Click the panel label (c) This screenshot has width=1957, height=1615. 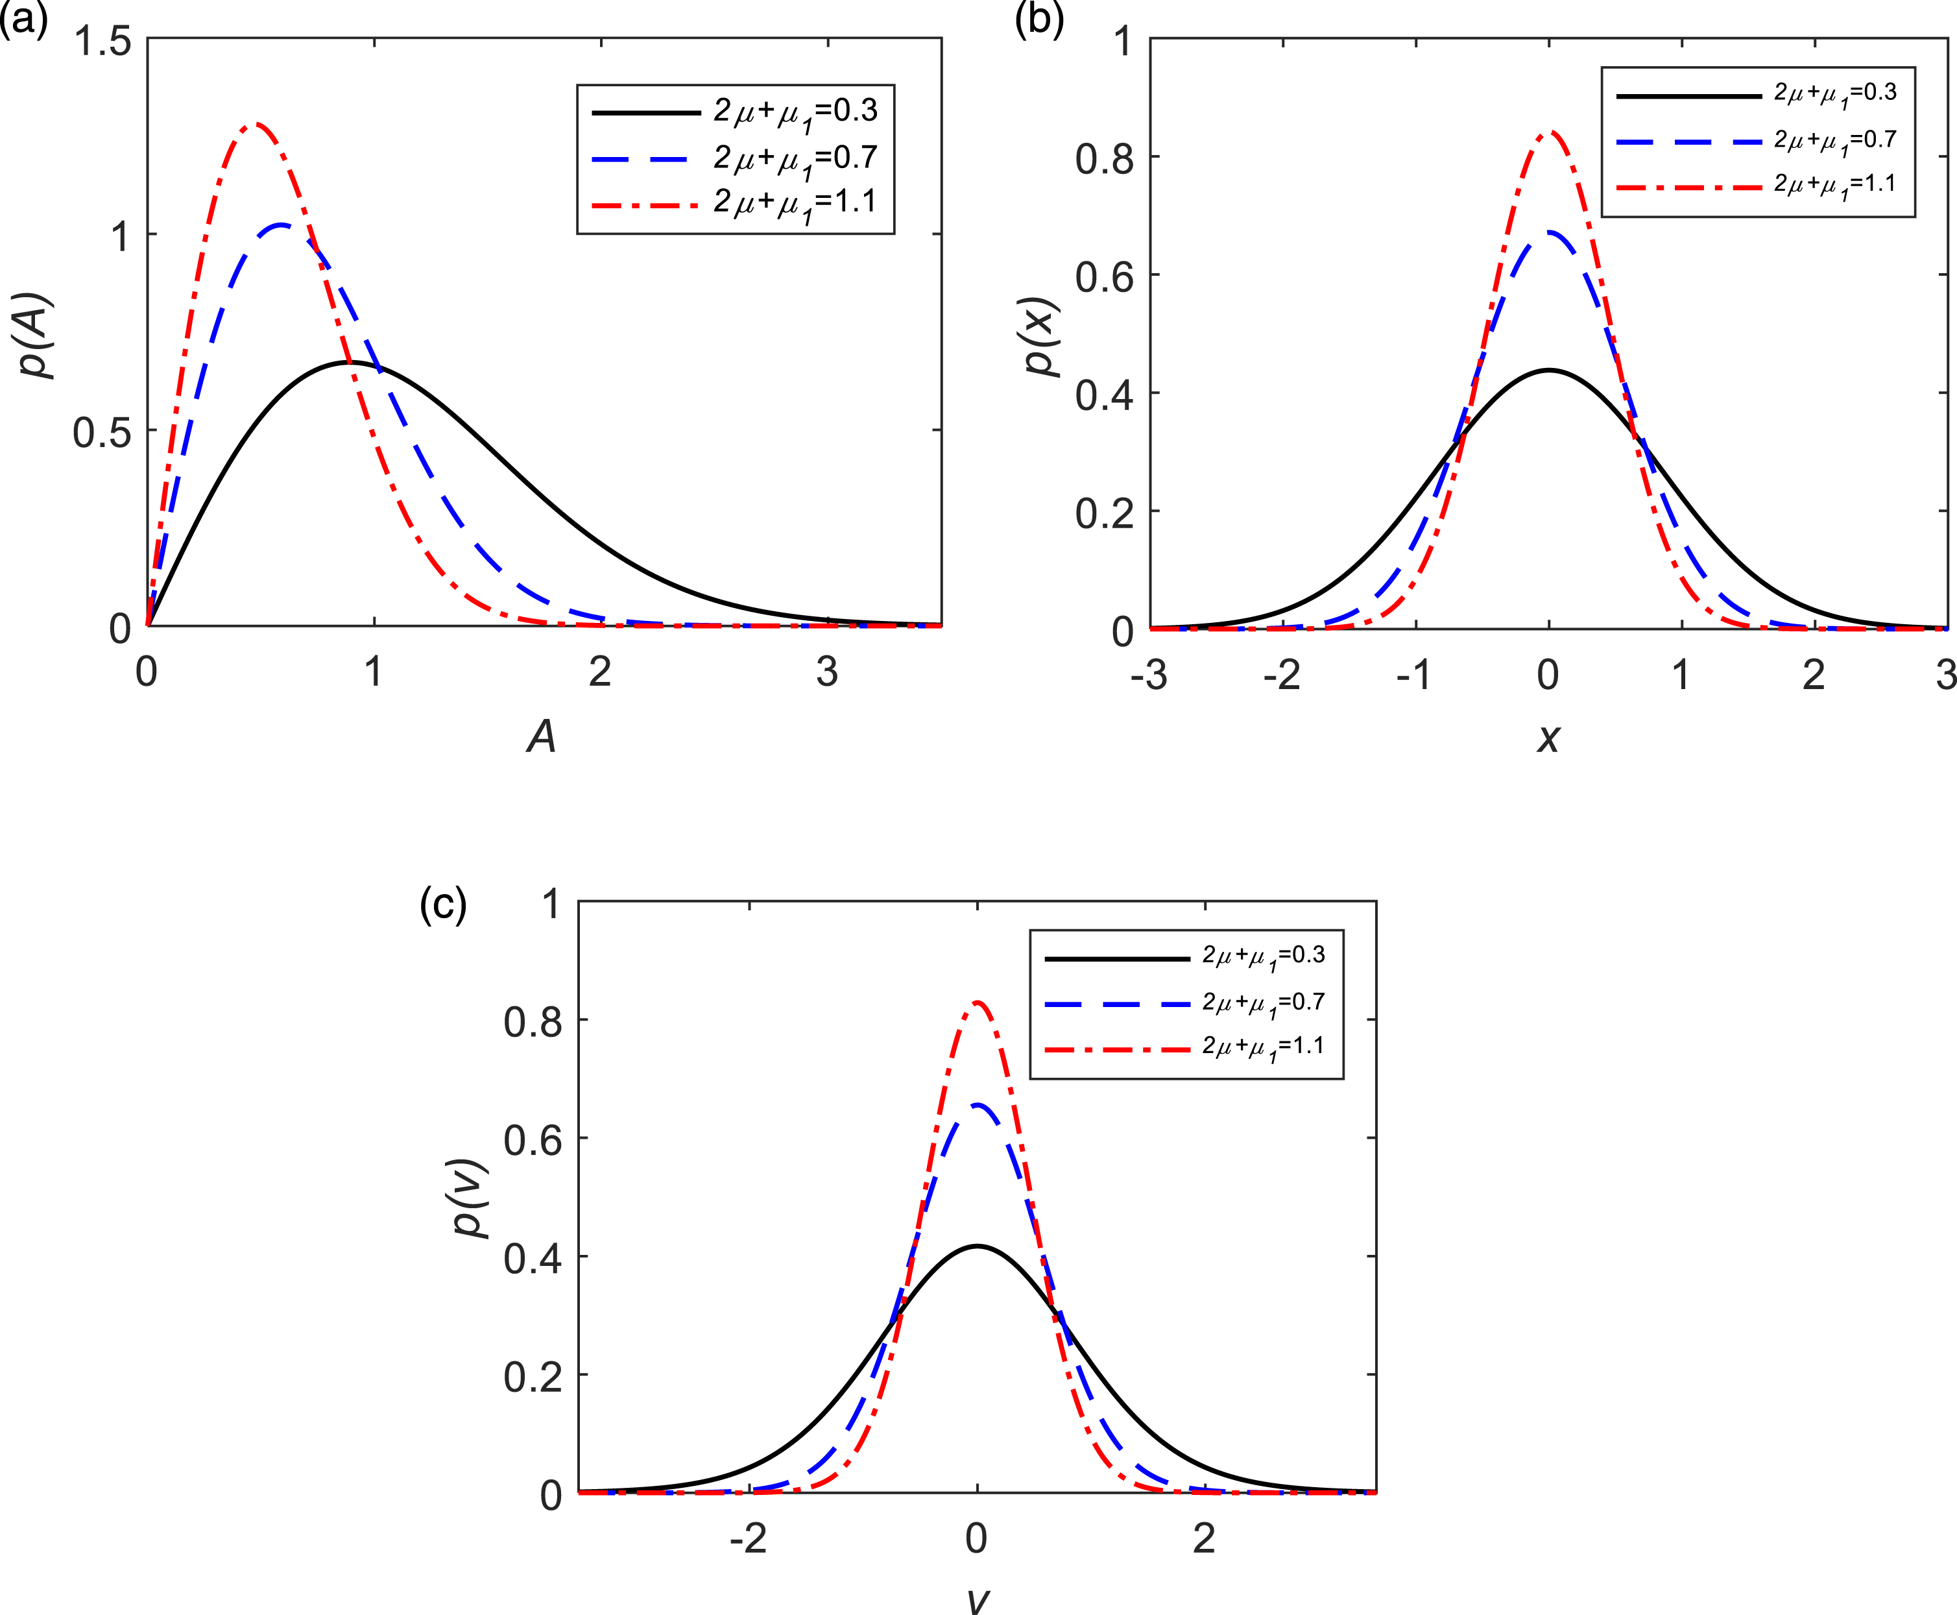pos(443,905)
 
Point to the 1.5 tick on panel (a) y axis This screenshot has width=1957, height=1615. pos(103,42)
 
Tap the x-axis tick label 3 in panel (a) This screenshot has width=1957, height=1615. pos(827,672)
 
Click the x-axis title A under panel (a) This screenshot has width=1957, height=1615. pos(542,737)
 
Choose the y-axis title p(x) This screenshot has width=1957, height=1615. pos(1042,337)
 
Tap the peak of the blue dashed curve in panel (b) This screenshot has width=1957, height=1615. pos(1549,232)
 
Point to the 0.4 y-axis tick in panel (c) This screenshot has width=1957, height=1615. pos(533,1257)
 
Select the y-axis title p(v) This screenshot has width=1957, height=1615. pos(471,1199)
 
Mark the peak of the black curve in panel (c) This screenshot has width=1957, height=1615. pos(977,1246)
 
